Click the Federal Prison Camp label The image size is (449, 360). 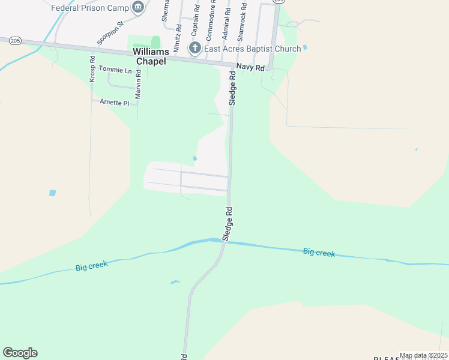pyautogui.click(x=90, y=8)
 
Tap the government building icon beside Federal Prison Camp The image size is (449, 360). pyautogui.click(x=139, y=7)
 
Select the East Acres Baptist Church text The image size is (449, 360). pyautogui.click(x=252, y=49)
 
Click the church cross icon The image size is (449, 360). pyautogui.click(x=194, y=49)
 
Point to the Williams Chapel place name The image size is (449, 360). pyautogui.click(x=146, y=56)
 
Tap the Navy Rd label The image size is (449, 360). pyautogui.click(x=250, y=68)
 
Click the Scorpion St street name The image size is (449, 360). pyautogui.click(x=110, y=33)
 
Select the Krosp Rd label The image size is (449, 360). pyautogui.click(x=92, y=69)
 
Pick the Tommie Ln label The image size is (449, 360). pyautogui.click(x=115, y=70)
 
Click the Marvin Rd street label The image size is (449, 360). pyautogui.click(x=138, y=85)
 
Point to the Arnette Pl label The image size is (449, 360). pyautogui.click(x=114, y=103)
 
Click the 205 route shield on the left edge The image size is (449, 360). pyautogui.click(x=16, y=40)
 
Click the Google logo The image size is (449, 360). pyautogui.click(x=20, y=353)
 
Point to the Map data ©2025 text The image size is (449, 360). pyautogui.click(x=423, y=355)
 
